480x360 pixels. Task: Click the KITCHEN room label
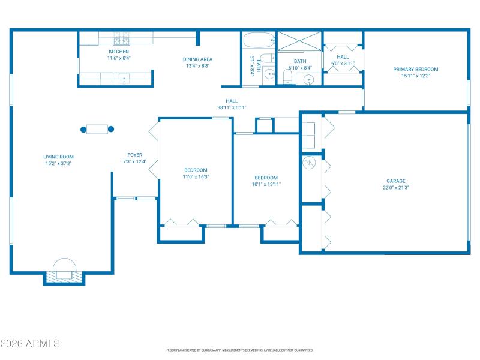coord(119,52)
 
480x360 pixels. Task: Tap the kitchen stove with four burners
coord(122,40)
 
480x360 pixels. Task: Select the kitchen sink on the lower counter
coord(124,77)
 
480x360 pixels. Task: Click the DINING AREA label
coord(197,59)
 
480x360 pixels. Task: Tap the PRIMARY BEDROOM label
coord(415,69)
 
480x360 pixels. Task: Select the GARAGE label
coord(395,181)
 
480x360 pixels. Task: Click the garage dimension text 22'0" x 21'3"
coord(395,187)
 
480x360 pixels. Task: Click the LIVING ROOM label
coord(58,157)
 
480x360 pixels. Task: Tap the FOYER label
coord(134,155)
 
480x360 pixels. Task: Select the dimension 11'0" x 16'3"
coord(196,176)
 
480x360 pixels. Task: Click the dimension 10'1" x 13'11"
coord(266,184)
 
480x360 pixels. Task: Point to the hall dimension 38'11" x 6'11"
coord(232,107)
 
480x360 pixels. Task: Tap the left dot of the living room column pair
coord(83,129)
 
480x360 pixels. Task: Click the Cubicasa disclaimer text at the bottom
coord(239,350)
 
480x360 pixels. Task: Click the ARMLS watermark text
coord(30,344)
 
